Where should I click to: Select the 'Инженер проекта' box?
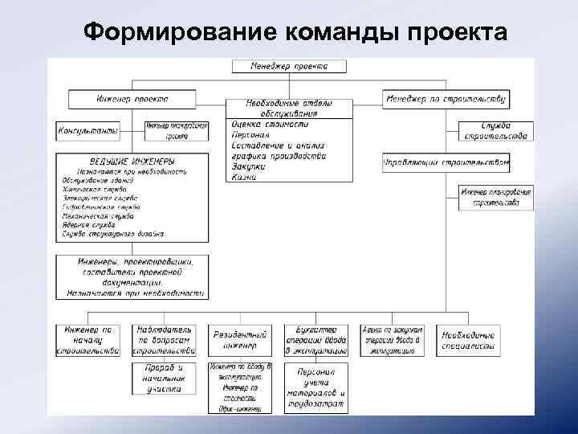pyautogui.click(x=132, y=99)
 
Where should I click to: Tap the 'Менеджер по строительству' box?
pyautogui.click(x=445, y=99)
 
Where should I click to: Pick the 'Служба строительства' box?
pyautogui.click(x=495, y=130)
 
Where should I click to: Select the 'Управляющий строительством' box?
pyautogui.click(x=445, y=162)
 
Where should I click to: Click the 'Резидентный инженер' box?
pyautogui.click(x=235, y=339)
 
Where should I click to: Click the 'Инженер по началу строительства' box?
pyautogui.click(x=89, y=339)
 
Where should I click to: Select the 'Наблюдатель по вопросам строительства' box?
pyautogui.click(x=164, y=339)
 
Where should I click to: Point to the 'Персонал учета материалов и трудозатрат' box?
pyautogui.click(x=315, y=388)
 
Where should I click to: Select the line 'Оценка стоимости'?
pyautogui.click(x=269, y=125)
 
